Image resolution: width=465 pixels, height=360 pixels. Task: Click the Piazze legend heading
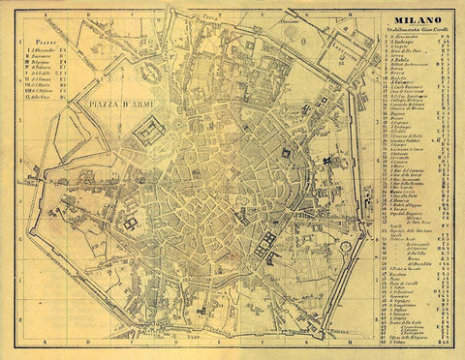click(46, 43)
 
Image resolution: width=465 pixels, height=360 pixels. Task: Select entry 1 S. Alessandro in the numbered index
click(400, 39)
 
